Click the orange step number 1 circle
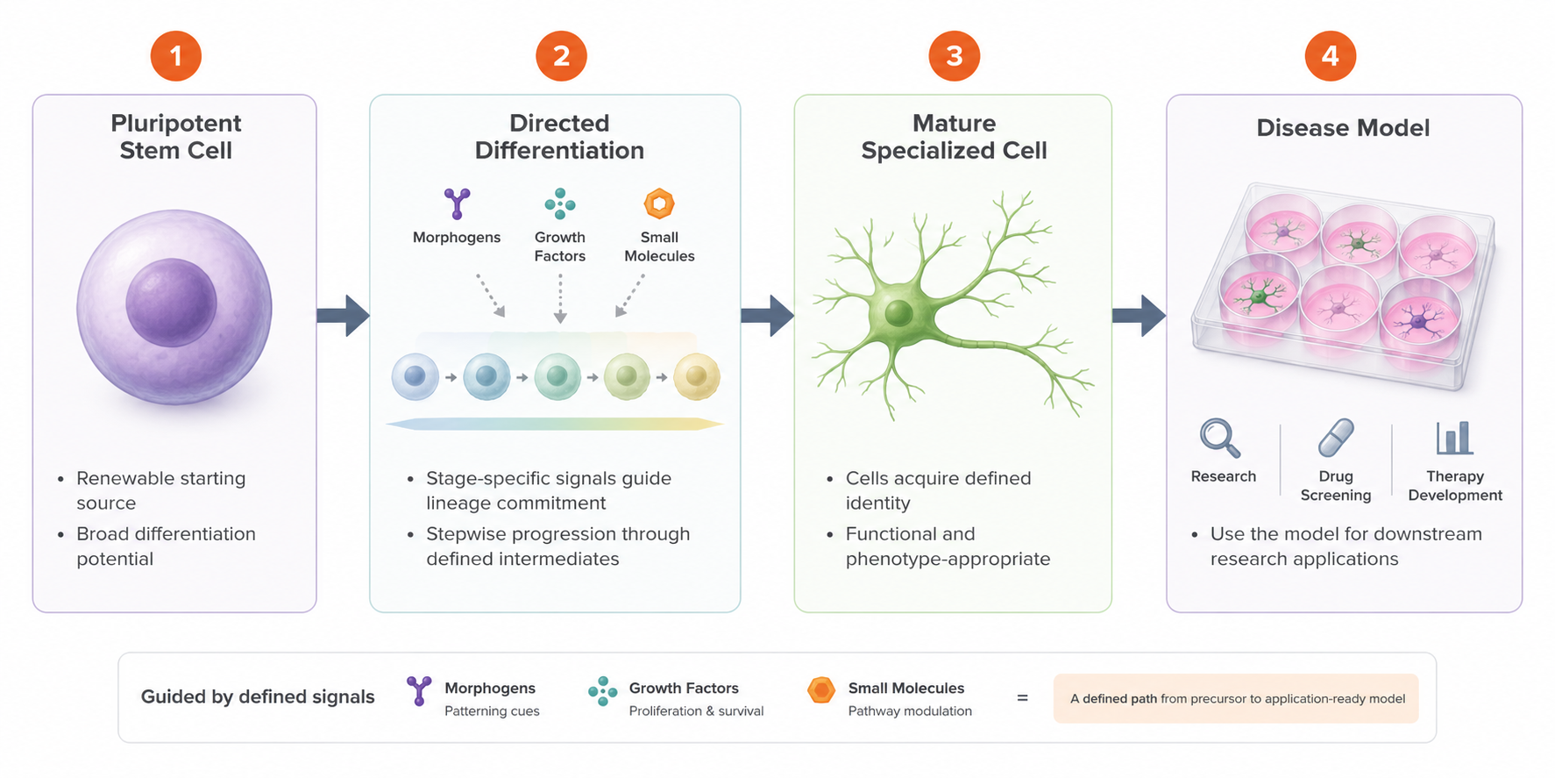(176, 56)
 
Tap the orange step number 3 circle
(955, 56)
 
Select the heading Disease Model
(1343, 128)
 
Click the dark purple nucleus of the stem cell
(171, 303)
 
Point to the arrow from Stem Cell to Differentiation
(343, 316)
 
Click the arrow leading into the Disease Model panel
(1139, 316)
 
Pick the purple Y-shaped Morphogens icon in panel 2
(457, 203)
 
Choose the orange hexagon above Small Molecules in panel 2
(659, 204)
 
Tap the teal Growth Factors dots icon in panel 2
(559, 204)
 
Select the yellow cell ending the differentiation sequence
(697, 377)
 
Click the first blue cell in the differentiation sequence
(415, 377)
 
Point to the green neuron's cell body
(898, 312)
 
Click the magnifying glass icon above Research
(1220, 438)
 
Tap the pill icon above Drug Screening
(1336, 438)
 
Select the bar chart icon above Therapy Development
(1454, 438)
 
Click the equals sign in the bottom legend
(1022, 698)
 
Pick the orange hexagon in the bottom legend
(821, 691)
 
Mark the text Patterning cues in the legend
(492, 711)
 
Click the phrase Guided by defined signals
(258, 696)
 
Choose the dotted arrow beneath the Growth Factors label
(560, 298)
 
